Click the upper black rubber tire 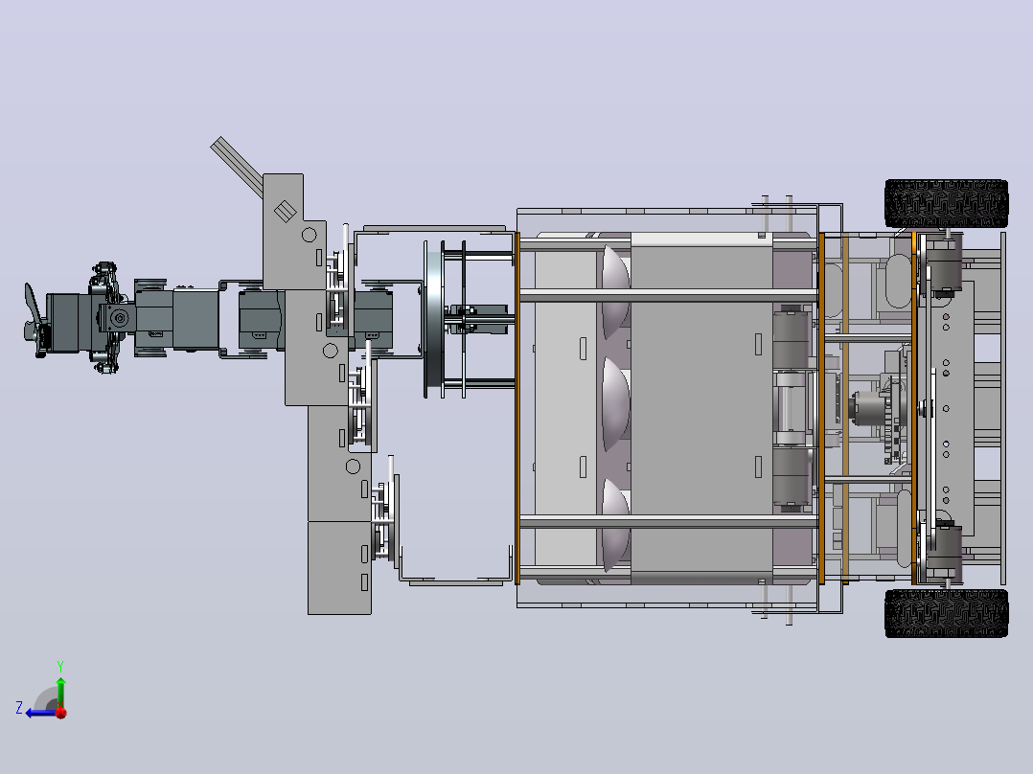pos(946,203)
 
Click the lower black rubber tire pos(946,613)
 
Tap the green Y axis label pos(60,666)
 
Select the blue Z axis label pos(19,708)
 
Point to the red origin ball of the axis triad pos(61,713)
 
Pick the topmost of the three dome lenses pos(616,290)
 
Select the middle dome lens pos(616,404)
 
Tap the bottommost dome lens pos(616,525)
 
